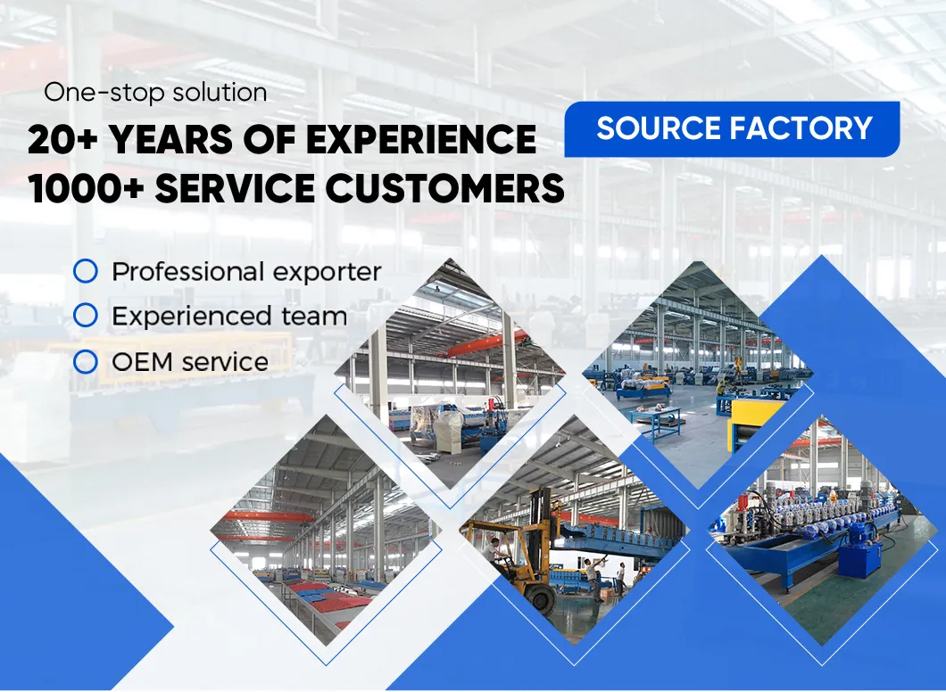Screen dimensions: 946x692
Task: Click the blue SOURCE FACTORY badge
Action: [732, 129]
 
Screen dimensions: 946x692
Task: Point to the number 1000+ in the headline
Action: [86, 188]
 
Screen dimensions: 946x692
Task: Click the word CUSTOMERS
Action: [445, 188]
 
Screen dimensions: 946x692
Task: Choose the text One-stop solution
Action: [155, 92]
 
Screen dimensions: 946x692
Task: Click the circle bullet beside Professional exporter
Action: [86, 271]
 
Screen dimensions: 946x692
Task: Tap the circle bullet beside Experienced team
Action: [86, 316]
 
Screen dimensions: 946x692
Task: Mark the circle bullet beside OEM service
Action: [86, 362]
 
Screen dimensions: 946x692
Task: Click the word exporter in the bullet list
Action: [327, 273]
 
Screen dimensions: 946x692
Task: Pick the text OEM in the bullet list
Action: [143, 362]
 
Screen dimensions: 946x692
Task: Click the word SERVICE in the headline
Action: [235, 188]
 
